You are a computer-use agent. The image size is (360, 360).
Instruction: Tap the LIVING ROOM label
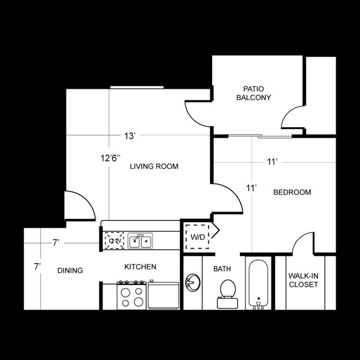(x=154, y=166)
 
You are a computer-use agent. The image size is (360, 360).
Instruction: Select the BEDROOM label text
(x=292, y=192)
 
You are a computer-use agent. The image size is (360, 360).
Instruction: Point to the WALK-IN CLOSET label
(x=303, y=280)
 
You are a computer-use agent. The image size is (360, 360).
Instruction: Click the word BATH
(x=222, y=269)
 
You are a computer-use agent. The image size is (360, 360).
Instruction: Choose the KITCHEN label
(x=140, y=266)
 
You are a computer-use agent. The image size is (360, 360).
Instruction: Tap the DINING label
(x=70, y=270)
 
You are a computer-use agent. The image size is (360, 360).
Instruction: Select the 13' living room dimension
(x=130, y=136)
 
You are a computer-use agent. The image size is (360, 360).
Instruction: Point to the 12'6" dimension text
(x=111, y=158)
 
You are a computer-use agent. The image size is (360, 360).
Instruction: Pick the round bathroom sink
(x=192, y=282)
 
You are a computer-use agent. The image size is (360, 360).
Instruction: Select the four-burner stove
(x=131, y=295)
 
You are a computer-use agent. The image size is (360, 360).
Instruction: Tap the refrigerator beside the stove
(x=163, y=295)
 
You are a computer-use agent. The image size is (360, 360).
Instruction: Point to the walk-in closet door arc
(x=304, y=244)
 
